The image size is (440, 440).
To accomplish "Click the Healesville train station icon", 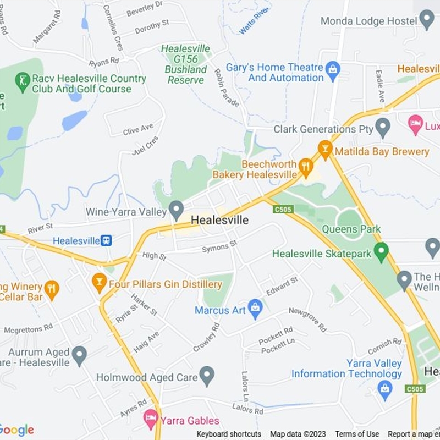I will [106, 240].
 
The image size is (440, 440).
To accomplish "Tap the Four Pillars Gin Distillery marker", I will [99, 283].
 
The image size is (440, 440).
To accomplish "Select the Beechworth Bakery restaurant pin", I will [306, 165].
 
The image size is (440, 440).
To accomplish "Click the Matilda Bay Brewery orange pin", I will [325, 148].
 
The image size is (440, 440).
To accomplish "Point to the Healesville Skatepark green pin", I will [381, 252].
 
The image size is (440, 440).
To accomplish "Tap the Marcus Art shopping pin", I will [255, 309].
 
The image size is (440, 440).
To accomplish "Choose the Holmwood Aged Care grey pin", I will [207, 376].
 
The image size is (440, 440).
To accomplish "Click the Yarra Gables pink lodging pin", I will [150, 420].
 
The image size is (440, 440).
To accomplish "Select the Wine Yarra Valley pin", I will [176, 209].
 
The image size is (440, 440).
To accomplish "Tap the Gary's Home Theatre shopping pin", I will [333, 70].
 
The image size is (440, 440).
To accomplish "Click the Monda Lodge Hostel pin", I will [427, 20].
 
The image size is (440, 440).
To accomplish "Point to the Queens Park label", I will [351, 229].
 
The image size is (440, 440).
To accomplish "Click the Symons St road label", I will [219, 246].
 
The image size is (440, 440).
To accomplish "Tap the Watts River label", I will [254, 20].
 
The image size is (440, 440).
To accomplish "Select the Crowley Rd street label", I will [207, 337].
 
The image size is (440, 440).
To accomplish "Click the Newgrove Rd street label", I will [308, 318].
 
